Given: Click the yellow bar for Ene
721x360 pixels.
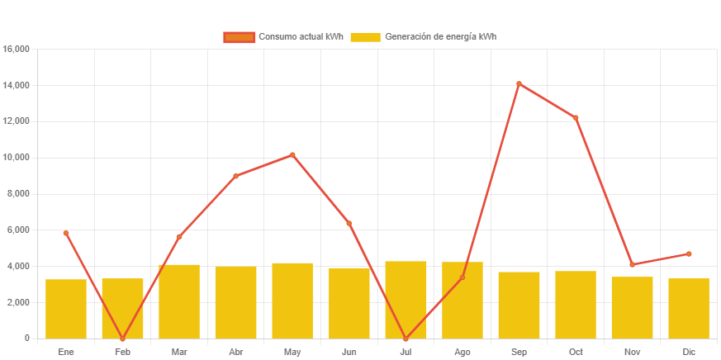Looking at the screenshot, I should click(x=66, y=309).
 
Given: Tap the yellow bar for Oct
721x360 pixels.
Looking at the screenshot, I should click(x=576, y=305).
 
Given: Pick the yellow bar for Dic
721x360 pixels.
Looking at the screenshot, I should click(x=689, y=308).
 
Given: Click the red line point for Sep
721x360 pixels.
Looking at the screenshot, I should click(x=519, y=83).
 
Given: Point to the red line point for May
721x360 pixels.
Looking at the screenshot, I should click(x=292, y=154).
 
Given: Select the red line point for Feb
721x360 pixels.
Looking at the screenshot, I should click(x=122, y=339).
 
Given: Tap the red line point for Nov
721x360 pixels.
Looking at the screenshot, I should click(x=632, y=264).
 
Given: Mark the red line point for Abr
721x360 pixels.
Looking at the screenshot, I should click(x=235, y=176).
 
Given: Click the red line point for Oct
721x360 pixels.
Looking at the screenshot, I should click(x=576, y=118).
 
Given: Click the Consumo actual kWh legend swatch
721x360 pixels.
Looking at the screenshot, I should click(x=239, y=37).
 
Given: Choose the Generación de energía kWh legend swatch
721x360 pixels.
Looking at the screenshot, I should click(x=365, y=37).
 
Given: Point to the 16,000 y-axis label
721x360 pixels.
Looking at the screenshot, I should click(x=17, y=49).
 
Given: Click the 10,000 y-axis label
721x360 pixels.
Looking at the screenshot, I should click(x=17, y=157).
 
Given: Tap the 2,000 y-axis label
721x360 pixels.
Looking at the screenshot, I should click(x=19, y=302).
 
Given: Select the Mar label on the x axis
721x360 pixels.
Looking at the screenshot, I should click(x=179, y=352).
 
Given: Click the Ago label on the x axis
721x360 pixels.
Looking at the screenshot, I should click(x=462, y=352).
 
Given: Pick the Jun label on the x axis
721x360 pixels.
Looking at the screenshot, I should click(x=349, y=352).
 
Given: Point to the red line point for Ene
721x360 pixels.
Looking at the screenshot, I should click(x=66, y=233).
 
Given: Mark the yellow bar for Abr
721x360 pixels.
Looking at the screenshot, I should click(x=235, y=302).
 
